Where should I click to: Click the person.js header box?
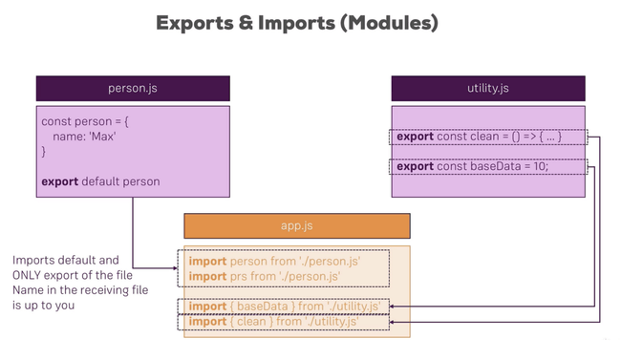click(x=133, y=88)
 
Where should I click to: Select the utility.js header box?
click(x=487, y=88)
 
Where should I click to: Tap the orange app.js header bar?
click(x=296, y=226)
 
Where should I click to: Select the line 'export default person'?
click(x=100, y=181)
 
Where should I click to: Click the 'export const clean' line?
click(x=479, y=137)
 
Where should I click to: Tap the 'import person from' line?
click(x=275, y=261)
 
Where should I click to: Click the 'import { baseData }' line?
click(x=284, y=307)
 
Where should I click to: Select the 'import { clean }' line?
click(x=273, y=322)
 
